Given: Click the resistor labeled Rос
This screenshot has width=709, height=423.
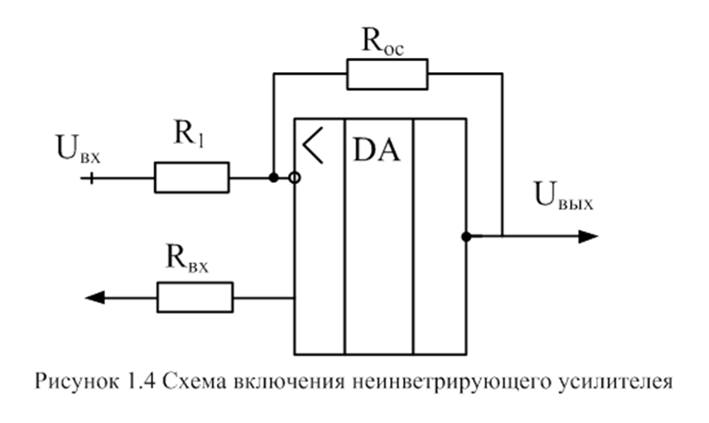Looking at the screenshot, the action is pos(387,75).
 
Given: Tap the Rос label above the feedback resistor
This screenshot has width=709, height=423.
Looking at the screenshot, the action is pos(382,41).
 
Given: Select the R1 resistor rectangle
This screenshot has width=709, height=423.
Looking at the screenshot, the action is pos(191,177).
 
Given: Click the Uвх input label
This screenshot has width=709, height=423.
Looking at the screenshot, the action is pos(78,151).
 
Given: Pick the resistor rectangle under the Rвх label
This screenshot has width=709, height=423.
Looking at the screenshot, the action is pos(195,296).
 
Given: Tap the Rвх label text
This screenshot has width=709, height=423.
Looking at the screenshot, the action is pos(188,261).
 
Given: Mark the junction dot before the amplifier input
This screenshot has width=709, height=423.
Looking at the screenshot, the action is pos(273,177).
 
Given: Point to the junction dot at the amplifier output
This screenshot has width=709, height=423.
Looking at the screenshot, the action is pos(467,237).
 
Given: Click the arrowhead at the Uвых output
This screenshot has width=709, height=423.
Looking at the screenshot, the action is pos(588,237).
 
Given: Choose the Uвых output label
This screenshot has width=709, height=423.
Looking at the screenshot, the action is pos(563,196).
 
